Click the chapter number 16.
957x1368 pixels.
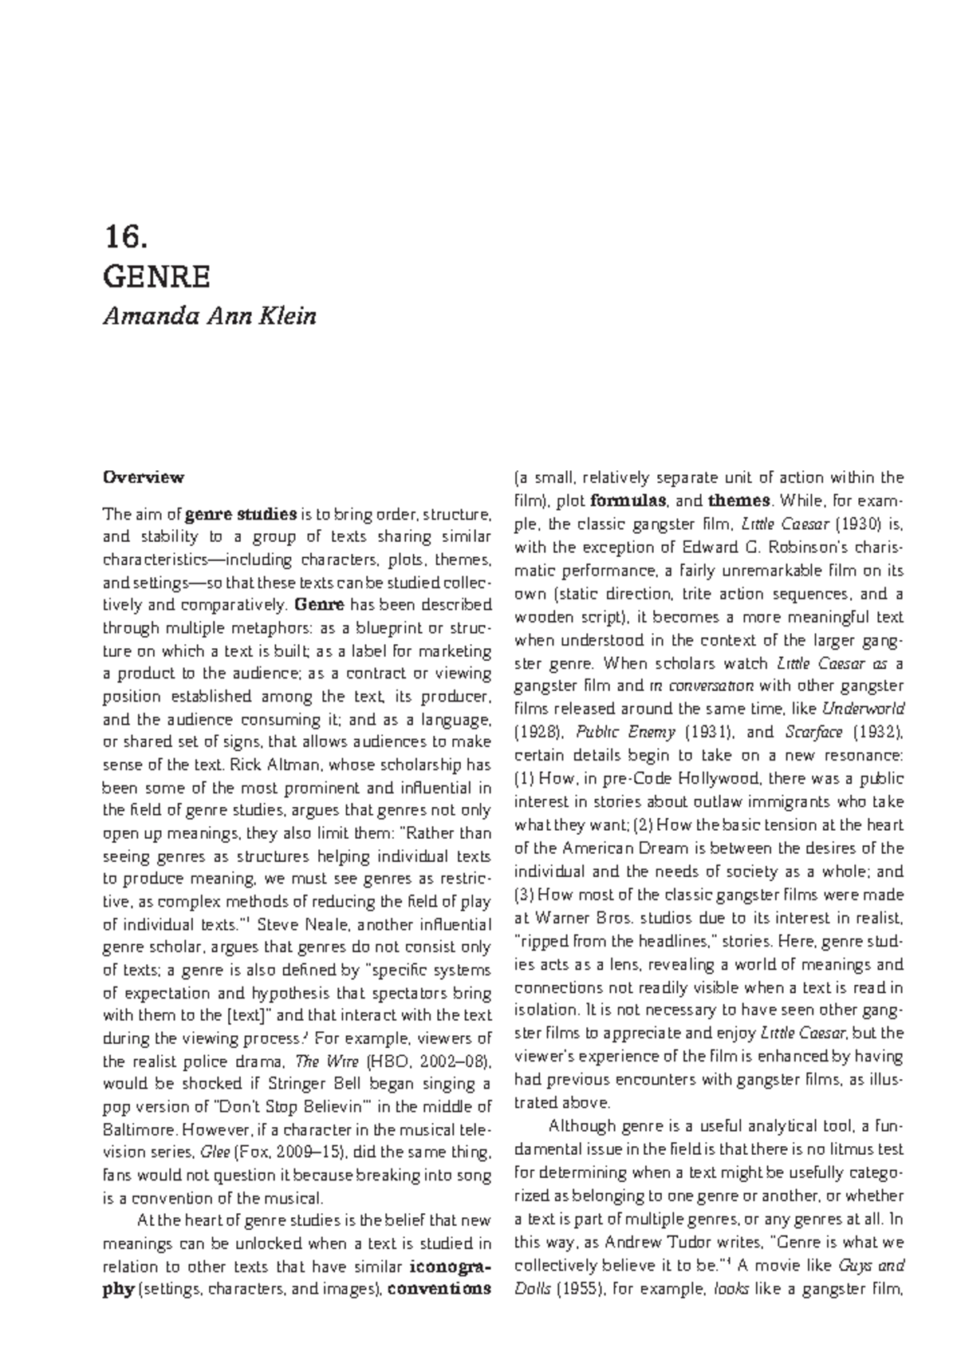[x=126, y=236]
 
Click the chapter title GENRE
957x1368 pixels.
[x=157, y=277]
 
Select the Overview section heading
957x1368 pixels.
[x=144, y=477]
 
